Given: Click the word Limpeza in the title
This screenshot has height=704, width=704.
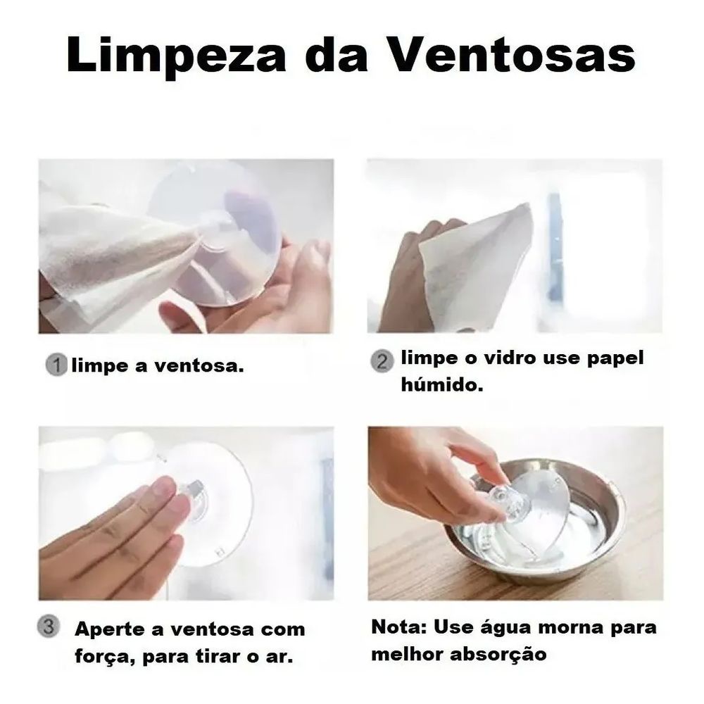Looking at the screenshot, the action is coord(177,56).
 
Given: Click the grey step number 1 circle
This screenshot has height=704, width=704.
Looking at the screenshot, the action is coord(56,365).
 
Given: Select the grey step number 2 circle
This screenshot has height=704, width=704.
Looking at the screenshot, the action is coord(382,361).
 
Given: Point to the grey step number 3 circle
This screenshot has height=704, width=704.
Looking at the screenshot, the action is coord(49,626).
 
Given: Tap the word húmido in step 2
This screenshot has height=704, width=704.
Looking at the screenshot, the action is coord(442,385).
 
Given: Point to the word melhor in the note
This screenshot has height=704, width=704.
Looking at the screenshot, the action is coord(408,654).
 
